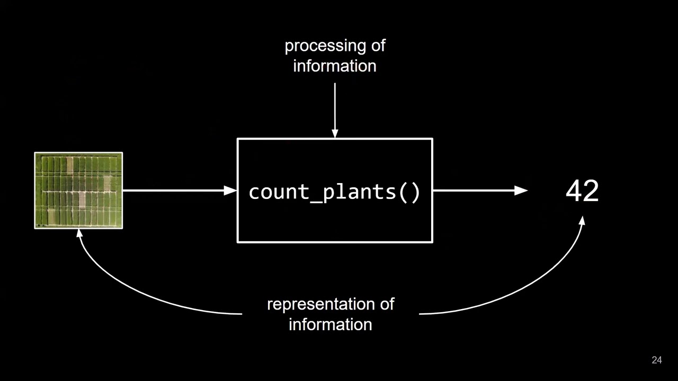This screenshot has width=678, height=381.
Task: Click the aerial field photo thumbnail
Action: coord(78,190)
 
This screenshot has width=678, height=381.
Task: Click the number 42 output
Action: coord(582,191)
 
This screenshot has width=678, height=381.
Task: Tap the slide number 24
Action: coord(657,360)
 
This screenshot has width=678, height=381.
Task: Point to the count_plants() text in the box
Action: coord(334,192)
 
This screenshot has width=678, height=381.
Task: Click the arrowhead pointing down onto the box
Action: coord(335,134)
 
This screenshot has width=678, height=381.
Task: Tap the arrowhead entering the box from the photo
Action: coord(231,190)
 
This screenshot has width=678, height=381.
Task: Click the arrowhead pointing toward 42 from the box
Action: coord(521,190)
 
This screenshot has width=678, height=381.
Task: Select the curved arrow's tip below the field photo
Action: coord(80,233)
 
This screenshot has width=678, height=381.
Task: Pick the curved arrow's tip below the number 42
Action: coord(582,221)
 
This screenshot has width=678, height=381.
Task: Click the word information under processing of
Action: coord(335,66)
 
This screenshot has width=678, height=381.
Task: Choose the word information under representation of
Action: coord(330,324)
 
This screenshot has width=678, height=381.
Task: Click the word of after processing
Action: coord(378,46)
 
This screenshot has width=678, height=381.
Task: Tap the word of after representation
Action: coord(387,304)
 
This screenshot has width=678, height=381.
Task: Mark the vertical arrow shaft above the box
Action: coord(335,106)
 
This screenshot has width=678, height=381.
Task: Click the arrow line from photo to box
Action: coord(175,190)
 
